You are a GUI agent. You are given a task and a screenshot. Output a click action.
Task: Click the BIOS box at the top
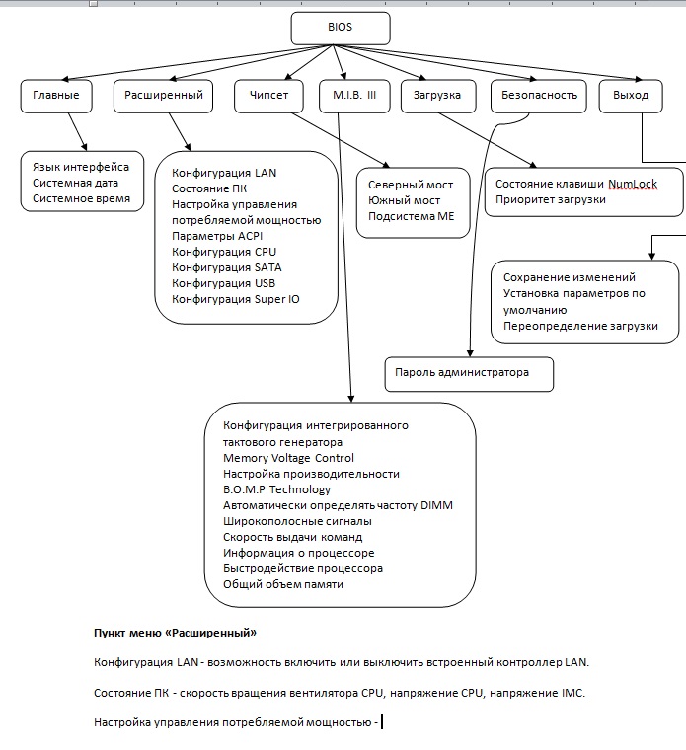tap(341, 29)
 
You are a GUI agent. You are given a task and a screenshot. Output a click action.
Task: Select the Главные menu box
tap(56, 96)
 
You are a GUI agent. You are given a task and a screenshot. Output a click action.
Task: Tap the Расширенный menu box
tap(163, 96)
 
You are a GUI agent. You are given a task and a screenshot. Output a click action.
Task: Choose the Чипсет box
tap(268, 96)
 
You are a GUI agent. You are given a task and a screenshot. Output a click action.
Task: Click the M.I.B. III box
tap(354, 96)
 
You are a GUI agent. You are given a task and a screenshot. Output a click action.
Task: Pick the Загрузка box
tap(438, 96)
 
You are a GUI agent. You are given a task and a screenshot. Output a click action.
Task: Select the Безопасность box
tap(539, 96)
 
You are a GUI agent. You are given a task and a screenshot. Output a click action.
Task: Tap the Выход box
tap(631, 96)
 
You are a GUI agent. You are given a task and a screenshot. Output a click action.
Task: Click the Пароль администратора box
tap(469, 374)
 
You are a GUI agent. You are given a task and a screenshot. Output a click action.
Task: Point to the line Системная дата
tap(75, 183)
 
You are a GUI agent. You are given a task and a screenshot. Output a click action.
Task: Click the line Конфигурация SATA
tap(226, 267)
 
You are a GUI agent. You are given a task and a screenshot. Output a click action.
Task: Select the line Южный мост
tap(404, 200)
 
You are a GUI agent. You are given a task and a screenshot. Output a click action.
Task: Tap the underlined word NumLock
tap(633, 184)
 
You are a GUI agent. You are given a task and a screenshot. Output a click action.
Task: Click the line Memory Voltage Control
tap(288, 458)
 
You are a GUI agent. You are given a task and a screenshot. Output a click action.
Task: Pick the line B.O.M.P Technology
tap(276, 489)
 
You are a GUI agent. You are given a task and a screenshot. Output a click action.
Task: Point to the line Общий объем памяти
tap(282, 584)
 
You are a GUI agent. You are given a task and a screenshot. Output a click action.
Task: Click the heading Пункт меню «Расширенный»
tap(175, 633)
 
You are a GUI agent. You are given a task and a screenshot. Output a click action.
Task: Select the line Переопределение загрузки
tap(580, 326)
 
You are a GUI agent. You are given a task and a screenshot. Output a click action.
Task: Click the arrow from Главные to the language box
tap(78, 132)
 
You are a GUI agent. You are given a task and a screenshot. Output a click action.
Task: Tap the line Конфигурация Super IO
tap(235, 299)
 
